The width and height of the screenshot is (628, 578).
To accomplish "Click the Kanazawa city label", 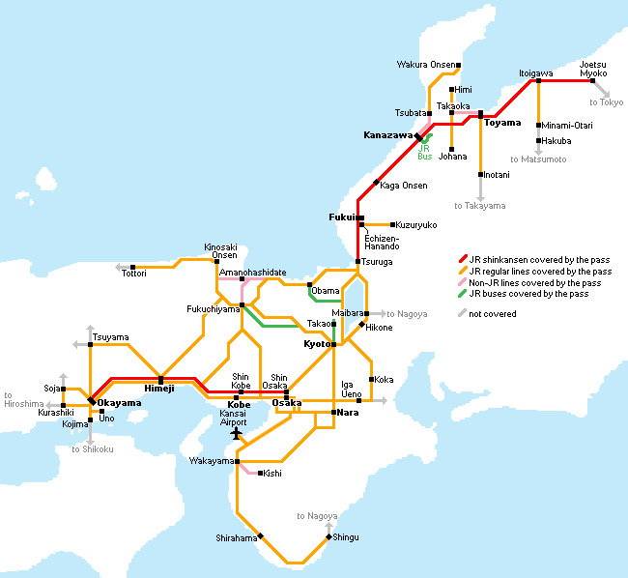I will pos(387,134).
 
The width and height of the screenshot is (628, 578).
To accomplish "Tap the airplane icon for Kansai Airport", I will pos(237,433).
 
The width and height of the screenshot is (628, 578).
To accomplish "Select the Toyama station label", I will pos(502,124).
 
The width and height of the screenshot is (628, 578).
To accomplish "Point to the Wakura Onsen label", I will pos(424,65).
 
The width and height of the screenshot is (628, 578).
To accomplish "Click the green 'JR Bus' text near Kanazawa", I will pos(424,152).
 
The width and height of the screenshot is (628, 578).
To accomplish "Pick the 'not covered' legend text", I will pos(492,314).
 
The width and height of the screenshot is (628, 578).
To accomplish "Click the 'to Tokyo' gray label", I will pos(607,102).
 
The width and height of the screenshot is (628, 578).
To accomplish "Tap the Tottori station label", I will pos(134,274).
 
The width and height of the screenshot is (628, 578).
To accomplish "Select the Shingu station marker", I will pos(329,536).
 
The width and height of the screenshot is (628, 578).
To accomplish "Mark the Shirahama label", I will pos(236,537).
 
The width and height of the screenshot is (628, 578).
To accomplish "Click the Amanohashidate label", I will pos(252,274).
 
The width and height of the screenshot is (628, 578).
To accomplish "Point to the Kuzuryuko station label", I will pos(416,225).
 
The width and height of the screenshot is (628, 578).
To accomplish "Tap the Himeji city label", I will pos(159,389).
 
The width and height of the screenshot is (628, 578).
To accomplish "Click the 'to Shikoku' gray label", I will pos(93,448).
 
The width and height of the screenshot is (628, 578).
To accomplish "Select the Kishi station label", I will pos(272,474).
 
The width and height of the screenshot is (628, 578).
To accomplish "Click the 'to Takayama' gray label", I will pos(480,206).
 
